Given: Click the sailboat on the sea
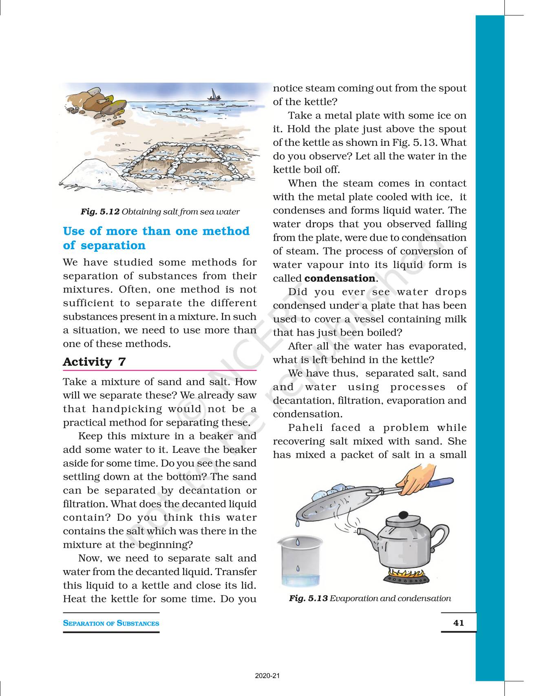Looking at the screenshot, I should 212,95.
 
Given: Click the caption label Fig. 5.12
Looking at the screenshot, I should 100,212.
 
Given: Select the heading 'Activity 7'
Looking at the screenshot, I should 94,362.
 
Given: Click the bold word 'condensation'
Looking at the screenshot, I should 340,279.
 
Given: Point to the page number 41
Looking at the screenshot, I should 458,623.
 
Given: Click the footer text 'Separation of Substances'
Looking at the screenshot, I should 111,623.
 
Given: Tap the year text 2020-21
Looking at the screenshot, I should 267,676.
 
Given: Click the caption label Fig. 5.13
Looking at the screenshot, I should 308,598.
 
